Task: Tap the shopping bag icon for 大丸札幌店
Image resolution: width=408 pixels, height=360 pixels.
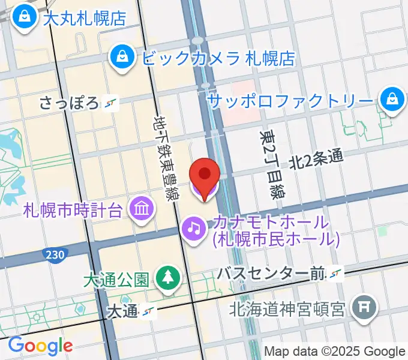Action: [x=26, y=14]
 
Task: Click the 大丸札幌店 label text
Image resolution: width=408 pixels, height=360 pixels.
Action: [x=85, y=17]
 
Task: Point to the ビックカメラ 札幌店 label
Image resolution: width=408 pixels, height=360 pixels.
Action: [x=218, y=58]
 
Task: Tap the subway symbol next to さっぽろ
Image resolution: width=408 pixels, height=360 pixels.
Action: [x=110, y=103]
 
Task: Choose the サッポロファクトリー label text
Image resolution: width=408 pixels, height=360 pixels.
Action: [x=290, y=100]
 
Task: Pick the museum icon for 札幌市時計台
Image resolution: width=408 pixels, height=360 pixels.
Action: [x=143, y=209]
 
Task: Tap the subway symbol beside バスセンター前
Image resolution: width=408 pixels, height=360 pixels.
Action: [x=335, y=274]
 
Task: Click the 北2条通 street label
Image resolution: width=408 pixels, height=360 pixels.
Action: [x=316, y=159]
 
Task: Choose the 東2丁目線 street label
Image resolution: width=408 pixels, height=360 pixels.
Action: [x=272, y=165]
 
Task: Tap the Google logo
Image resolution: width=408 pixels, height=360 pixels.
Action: [x=40, y=346]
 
